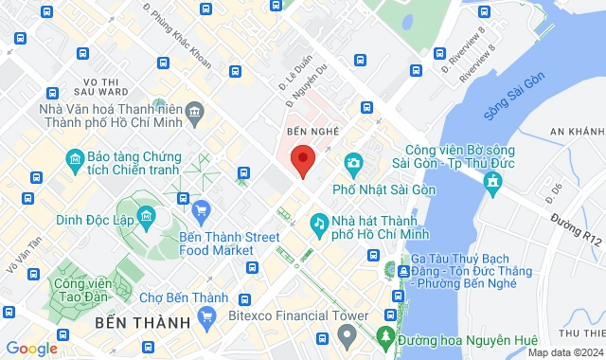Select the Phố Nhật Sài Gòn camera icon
pos(353,163)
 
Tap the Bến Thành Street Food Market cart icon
pos(200,208)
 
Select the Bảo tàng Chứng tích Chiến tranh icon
pos(73,158)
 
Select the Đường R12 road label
pos(578,232)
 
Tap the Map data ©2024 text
pos(563,352)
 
